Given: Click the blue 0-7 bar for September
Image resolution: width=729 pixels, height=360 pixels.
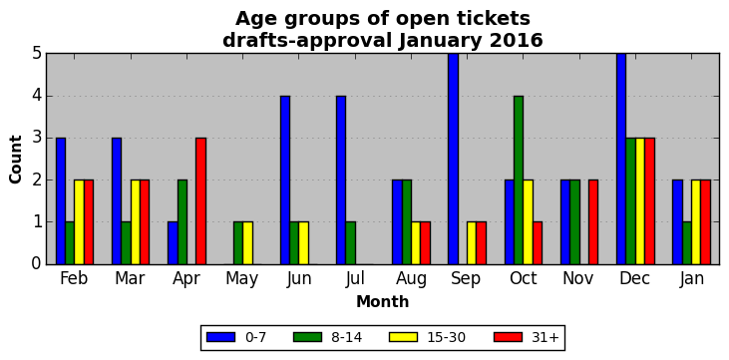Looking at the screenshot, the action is pos(454,159).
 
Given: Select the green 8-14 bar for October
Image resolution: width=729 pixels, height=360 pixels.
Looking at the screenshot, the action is pos(519,180).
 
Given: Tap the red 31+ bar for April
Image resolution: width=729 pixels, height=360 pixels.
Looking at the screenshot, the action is pos(200,200).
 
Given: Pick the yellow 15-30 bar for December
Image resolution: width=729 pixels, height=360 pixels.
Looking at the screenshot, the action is pos(640,200).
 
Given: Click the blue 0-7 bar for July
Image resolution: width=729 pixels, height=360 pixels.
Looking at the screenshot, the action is pos(341,180).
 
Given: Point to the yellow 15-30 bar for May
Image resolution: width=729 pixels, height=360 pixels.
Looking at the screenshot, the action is pos(247,242).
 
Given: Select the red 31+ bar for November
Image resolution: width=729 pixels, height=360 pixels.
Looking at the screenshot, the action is pos(593,221).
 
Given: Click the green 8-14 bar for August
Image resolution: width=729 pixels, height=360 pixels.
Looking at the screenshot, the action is pos(407,221).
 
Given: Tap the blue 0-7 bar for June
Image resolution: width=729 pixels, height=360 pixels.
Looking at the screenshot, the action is pos(285,180).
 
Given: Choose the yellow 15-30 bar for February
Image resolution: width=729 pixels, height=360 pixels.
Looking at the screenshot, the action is pos(80,221).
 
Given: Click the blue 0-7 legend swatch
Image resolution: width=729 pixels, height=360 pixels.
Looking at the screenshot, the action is pos(220,337).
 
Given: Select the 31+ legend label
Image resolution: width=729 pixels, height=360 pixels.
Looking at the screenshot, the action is pos(545,337).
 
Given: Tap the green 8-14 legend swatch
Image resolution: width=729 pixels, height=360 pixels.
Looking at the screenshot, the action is pos(307,337).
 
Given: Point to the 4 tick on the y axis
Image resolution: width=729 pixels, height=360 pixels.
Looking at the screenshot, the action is pos(37,97).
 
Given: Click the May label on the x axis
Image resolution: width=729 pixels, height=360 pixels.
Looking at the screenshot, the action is pos(242,278).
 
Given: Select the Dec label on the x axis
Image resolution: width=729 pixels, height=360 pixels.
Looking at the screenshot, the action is pos(635,278).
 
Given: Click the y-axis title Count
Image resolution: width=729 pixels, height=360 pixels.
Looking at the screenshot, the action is pos(15,160).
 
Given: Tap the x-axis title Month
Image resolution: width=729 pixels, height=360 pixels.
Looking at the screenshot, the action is pos(383,302).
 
